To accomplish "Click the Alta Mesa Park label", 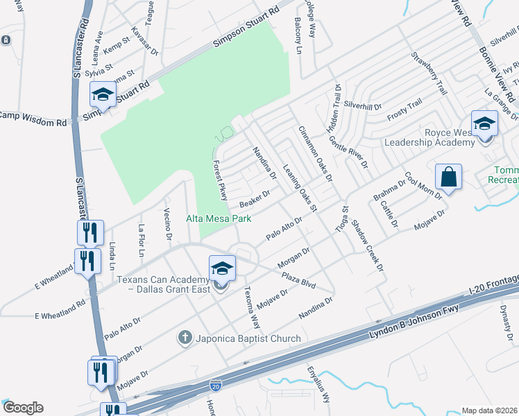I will point(219,219).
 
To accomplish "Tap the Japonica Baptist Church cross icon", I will point(185,338).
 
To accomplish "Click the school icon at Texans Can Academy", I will point(222,268).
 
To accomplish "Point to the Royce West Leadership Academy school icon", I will point(484,123).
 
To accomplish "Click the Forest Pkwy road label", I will point(220,180).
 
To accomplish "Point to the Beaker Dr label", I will point(254,200).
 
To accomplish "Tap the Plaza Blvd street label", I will point(298,280).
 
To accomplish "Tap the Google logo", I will point(24,408).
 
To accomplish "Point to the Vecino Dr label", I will point(168,223).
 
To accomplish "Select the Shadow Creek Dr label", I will point(368,246).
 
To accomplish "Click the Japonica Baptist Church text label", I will point(248,338).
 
